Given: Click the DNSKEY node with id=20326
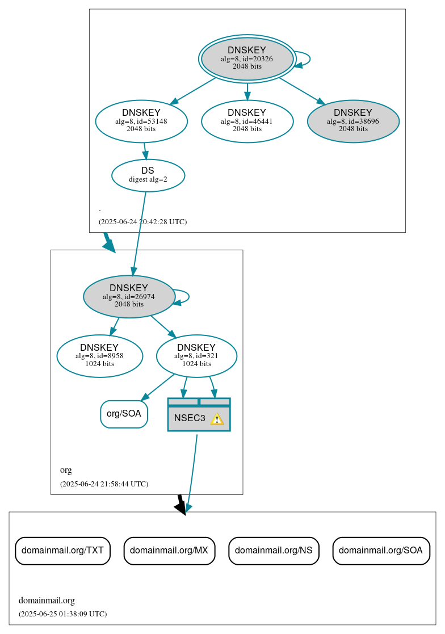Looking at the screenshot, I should (x=247, y=58).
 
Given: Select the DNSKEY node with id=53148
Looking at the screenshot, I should (x=141, y=121).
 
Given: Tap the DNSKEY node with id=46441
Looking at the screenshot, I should (x=247, y=121).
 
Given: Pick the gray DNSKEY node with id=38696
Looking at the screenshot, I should (x=353, y=121).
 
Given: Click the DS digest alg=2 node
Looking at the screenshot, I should (x=148, y=175).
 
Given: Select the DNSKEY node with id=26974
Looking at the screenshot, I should (x=129, y=296).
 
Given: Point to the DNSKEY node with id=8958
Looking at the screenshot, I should (x=99, y=356).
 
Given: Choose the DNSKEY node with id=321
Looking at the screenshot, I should (x=196, y=356).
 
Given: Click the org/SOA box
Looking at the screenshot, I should (x=124, y=414).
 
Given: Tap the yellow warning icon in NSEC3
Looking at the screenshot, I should (x=217, y=419).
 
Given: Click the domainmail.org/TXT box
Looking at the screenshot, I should (x=62, y=551).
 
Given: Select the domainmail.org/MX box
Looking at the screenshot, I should (x=169, y=551).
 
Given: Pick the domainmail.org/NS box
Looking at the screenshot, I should (x=274, y=551).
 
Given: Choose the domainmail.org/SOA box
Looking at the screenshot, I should (x=381, y=551).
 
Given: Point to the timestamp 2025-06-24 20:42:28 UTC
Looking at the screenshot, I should (x=142, y=222).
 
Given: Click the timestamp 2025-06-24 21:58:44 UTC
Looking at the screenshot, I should (x=104, y=484).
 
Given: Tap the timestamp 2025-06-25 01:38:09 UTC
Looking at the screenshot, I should (x=62, y=614).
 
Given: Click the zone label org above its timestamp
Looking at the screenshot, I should (x=66, y=470).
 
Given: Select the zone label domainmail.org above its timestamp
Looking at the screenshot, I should (x=47, y=601).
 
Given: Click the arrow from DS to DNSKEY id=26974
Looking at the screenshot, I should (x=140, y=233).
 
